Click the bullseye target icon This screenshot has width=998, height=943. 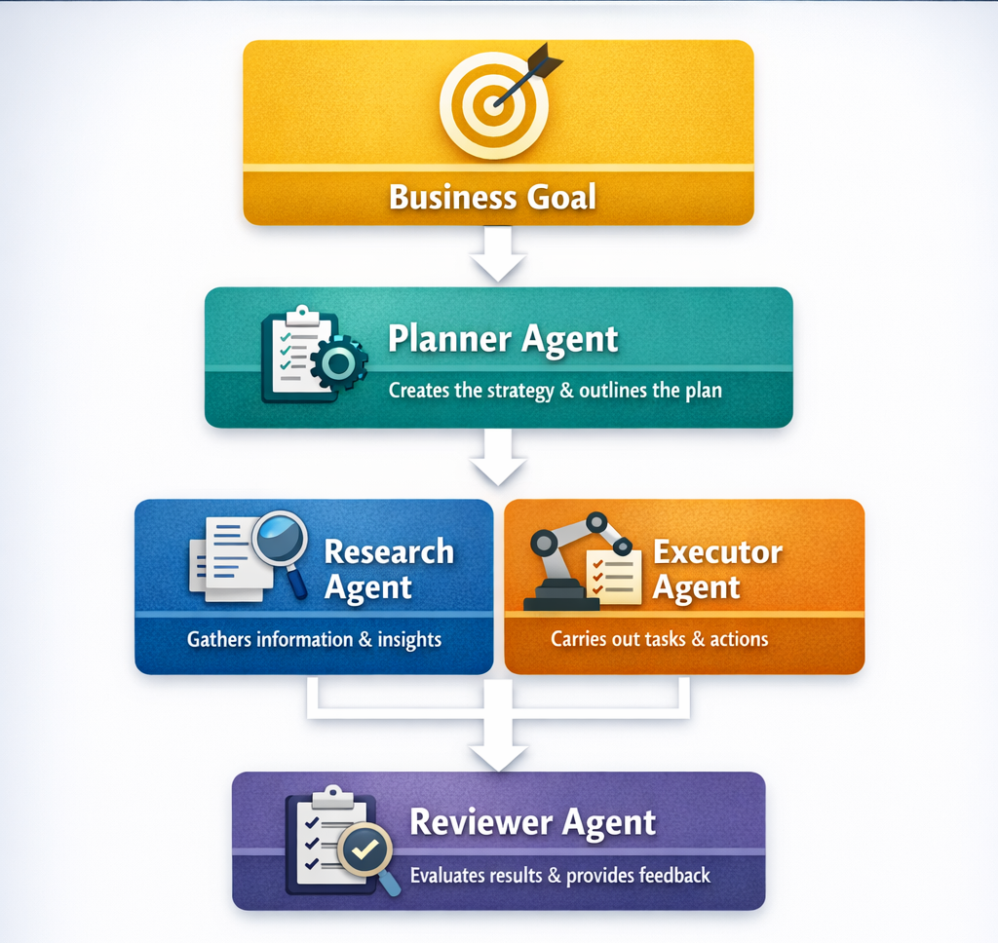[493, 105]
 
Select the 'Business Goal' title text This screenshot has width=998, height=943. [492, 197]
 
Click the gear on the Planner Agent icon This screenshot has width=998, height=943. [339, 363]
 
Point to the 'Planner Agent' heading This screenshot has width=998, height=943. [503, 339]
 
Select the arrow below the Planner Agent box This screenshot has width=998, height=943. [498, 459]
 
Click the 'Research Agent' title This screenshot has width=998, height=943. [388, 569]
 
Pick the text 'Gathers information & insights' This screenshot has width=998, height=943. [314, 640]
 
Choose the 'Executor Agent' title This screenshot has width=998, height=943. [716, 569]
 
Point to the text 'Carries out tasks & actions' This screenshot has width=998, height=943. [659, 640]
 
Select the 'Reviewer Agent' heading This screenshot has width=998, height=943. [532, 822]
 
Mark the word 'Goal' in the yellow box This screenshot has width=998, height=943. [561, 197]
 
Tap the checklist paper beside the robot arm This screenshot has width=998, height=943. [613, 576]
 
